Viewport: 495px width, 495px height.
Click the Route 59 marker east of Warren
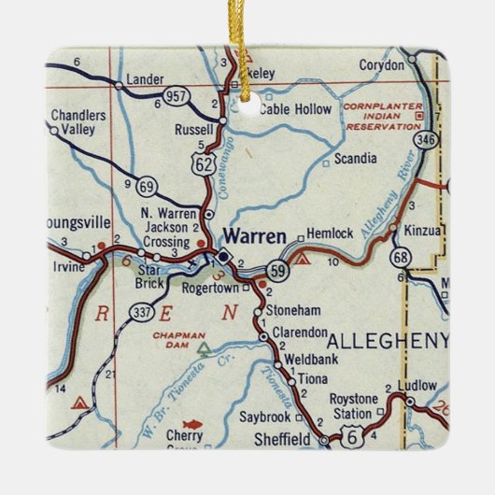(x=277, y=271)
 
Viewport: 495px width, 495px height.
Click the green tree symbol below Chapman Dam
(x=204, y=348)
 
